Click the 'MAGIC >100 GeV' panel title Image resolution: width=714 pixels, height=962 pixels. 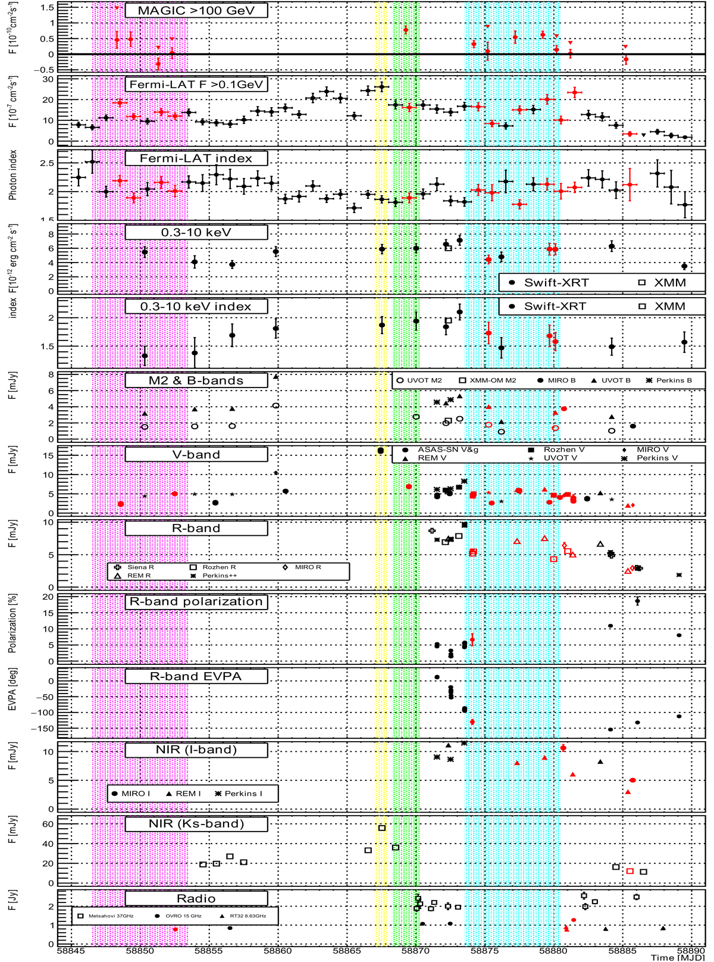pos(196,10)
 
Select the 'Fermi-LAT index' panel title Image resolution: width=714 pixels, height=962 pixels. pos(196,158)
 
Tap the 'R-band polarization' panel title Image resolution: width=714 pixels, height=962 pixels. pos(196,602)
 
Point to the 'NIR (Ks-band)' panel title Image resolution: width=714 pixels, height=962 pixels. pos(196,824)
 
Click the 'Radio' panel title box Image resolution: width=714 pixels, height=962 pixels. pos(196,898)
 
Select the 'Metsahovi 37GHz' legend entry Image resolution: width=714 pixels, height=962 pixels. pos(111,916)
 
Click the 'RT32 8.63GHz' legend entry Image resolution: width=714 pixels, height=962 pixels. pos(244,916)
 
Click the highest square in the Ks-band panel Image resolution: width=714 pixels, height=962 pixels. pos(382,828)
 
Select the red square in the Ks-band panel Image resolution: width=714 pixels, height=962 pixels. pos(630,872)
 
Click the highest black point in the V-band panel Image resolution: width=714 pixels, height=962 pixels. pos(381,451)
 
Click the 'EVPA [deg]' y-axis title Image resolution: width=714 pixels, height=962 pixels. pos(12,704)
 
